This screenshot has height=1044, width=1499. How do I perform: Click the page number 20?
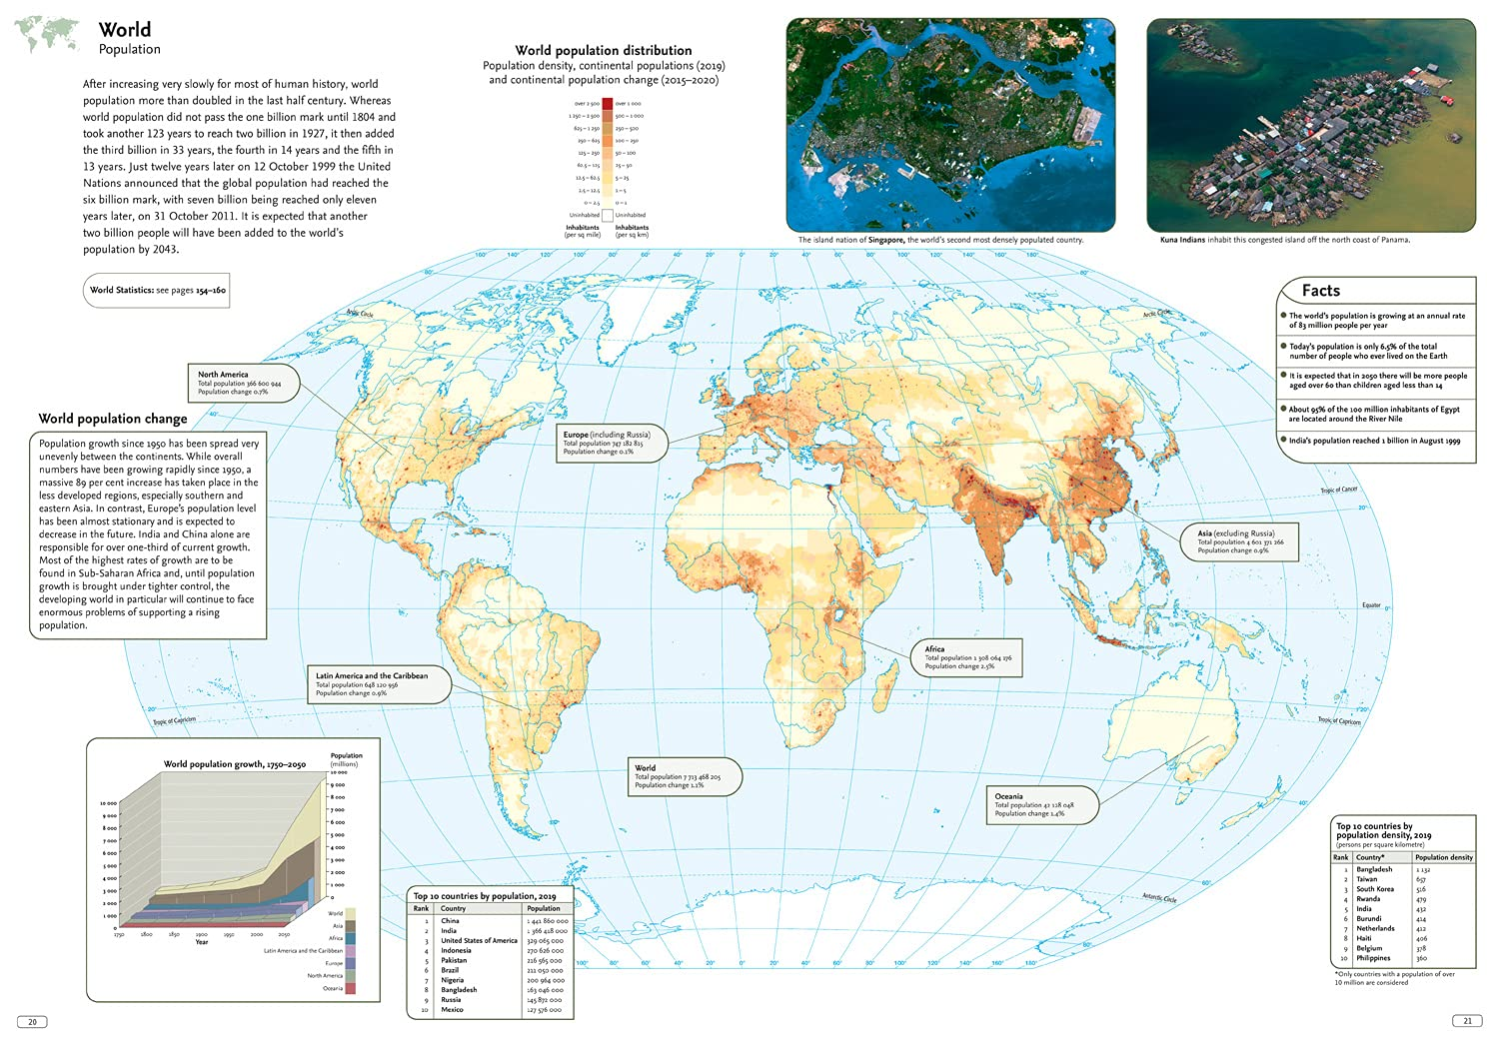click(32, 1021)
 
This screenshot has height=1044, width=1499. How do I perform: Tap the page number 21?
click(1467, 1020)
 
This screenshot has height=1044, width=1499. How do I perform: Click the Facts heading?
click(1320, 291)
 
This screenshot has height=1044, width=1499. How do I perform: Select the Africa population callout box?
click(967, 658)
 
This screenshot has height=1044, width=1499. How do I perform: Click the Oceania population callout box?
click(1041, 805)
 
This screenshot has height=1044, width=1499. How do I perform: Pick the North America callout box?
click(243, 383)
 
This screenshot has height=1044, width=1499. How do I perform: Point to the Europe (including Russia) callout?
click(612, 443)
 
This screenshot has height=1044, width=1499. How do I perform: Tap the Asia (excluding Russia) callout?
click(1245, 541)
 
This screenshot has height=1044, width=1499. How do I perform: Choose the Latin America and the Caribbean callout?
click(378, 684)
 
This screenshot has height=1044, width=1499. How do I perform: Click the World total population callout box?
click(684, 776)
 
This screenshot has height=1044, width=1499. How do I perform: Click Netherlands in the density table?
click(1375, 928)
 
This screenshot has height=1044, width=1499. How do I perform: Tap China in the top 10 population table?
click(451, 920)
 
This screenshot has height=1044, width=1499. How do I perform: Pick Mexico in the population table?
click(452, 1009)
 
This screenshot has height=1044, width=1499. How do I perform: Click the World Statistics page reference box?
click(158, 291)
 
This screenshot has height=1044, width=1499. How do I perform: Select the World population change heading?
click(113, 419)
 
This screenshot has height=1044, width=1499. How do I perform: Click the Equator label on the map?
click(1371, 604)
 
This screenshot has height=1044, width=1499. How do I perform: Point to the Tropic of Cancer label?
click(1338, 490)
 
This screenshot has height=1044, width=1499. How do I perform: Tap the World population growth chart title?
click(235, 764)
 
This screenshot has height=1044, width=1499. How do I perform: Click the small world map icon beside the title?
click(48, 35)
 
